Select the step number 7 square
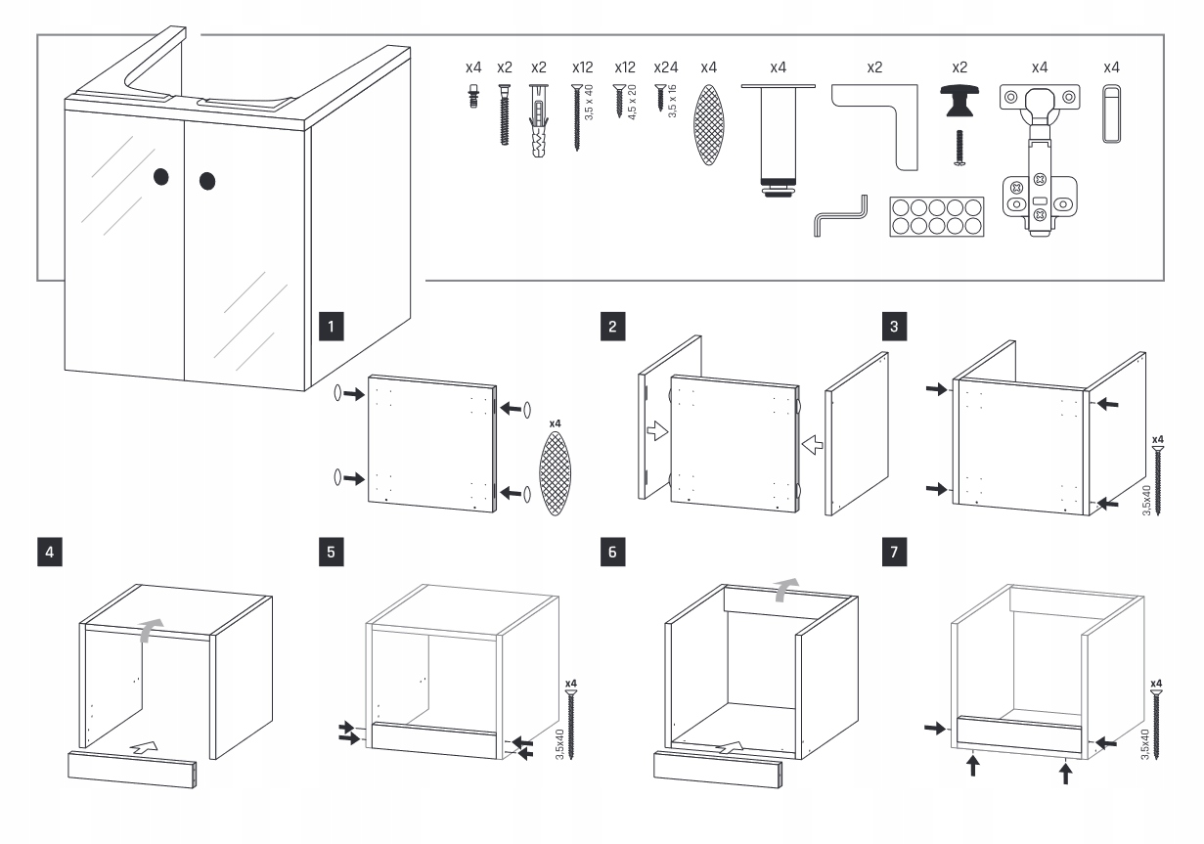click(x=893, y=551)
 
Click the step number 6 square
click(x=613, y=551)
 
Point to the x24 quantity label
click(x=665, y=68)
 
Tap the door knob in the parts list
click(x=959, y=101)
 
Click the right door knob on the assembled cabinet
click(x=207, y=181)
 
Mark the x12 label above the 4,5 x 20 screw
click(x=625, y=68)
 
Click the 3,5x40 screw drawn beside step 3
click(x=1158, y=480)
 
